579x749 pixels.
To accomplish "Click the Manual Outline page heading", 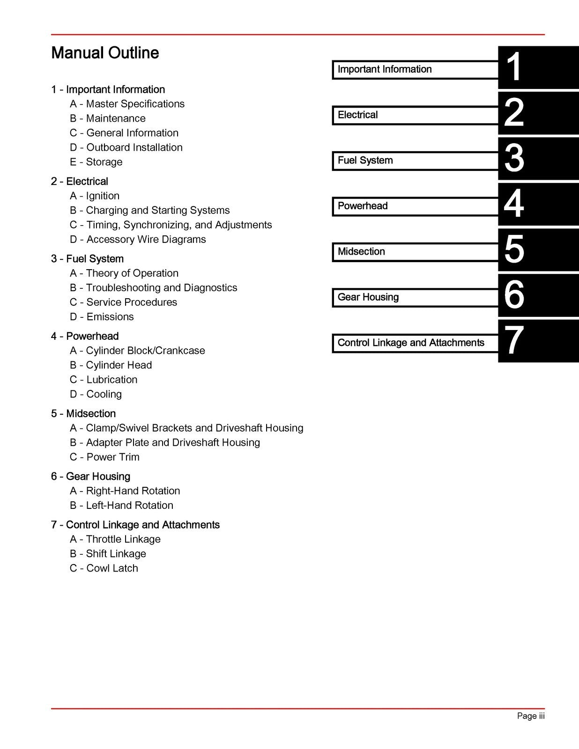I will click(x=105, y=53).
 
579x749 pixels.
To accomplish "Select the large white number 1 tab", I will click(x=514, y=67).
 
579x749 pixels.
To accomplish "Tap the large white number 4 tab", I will click(x=514, y=204).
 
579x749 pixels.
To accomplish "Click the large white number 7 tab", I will click(x=514, y=341).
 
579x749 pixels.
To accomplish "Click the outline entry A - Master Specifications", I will click(x=127, y=104).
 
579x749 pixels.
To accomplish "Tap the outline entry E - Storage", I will click(x=96, y=162).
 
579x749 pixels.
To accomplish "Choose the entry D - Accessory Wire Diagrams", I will click(x=138, y=239).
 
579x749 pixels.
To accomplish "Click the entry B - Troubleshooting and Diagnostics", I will click(x=153, y=287).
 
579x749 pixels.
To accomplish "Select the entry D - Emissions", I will click(x=102, y=316).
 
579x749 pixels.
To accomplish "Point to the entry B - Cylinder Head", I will click(x=111, y=365).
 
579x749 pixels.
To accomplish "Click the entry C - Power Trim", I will click(x=104, y=457).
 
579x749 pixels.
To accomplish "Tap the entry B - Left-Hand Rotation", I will click(x=121, y=505).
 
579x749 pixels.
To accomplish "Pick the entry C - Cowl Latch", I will click(x=104, y=568).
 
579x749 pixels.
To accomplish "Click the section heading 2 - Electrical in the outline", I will click(x=79, y=181).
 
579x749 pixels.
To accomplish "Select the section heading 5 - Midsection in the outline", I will click(x=83, y=413).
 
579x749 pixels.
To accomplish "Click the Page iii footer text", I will click(x=530, y=716).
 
